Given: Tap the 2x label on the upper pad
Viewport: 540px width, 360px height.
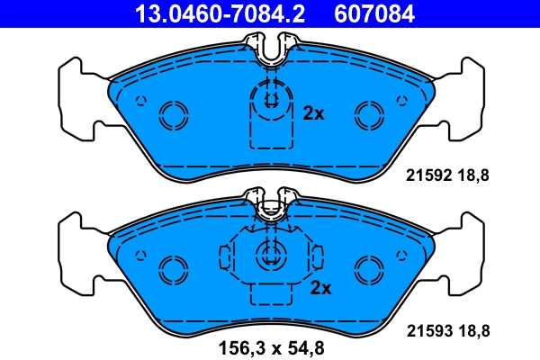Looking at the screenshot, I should tap(314, 113).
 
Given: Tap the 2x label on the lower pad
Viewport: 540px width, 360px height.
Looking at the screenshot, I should tap(321, 288).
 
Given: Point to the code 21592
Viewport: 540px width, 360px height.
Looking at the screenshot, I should tap(427, 176).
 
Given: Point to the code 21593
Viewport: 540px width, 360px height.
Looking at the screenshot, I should tap(427, 331).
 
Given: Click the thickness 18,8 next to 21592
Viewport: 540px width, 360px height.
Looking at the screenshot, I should tap(473, 176).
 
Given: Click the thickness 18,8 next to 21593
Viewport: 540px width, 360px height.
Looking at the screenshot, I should tap(473, 331).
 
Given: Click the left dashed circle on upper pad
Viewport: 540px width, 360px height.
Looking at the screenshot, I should tap(172, 113).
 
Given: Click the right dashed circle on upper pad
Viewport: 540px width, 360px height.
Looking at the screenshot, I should tap(369, 113).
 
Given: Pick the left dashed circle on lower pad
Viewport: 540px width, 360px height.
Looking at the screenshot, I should tap(172, 268).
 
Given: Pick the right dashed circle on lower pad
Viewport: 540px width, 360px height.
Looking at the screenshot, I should tap(369, 268).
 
